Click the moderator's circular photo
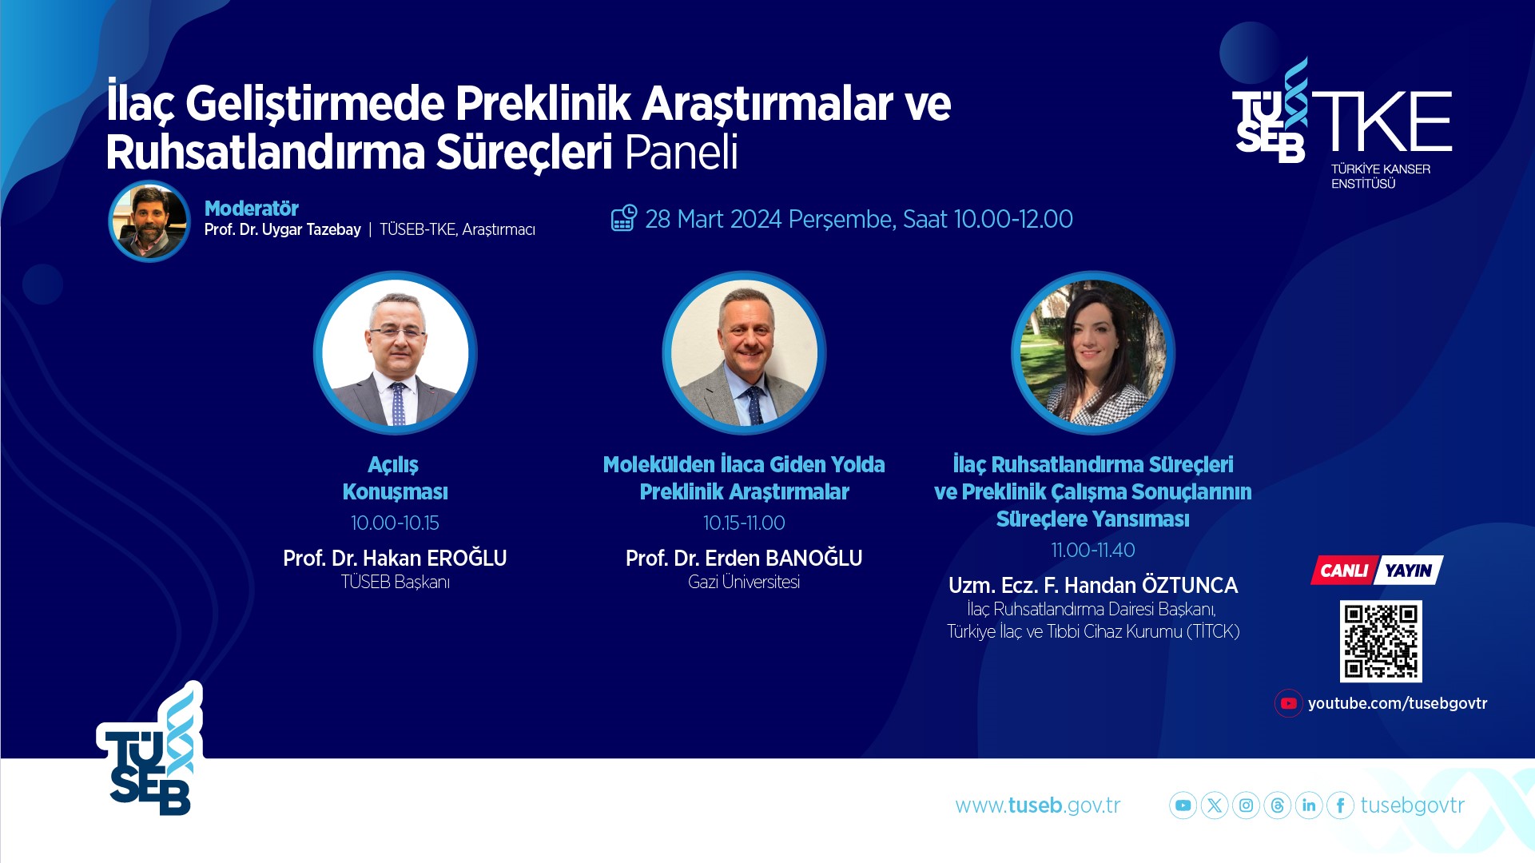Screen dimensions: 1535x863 point(149,221)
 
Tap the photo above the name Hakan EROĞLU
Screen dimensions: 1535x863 point(396,352)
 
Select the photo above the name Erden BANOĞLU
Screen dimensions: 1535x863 point(744,352)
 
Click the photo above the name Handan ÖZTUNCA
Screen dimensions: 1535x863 point(1093,352)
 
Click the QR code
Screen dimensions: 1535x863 point(1381,641)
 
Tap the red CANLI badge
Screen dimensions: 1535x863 point(1344,570)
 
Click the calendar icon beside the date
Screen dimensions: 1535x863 point(624,218)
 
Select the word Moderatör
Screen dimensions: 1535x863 point(252,209)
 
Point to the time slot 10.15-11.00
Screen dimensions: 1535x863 point(744,523)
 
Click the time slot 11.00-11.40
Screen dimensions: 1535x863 point(1093,550)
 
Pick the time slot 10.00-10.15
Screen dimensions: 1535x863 point(395,523)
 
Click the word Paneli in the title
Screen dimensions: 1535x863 point(681,152)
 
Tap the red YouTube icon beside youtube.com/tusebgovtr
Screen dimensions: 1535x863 point(1288,703)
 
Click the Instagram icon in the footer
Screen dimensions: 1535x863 point(1246,805)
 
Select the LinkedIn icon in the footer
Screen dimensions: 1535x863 point(1309,805)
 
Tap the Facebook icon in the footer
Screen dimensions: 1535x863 point(1340,805)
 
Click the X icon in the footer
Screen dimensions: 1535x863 point(1215,805)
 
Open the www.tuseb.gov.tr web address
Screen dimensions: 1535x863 point(1038,805)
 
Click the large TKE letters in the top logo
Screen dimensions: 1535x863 point(1382,121)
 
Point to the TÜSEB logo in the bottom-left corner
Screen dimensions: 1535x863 point(150,750)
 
